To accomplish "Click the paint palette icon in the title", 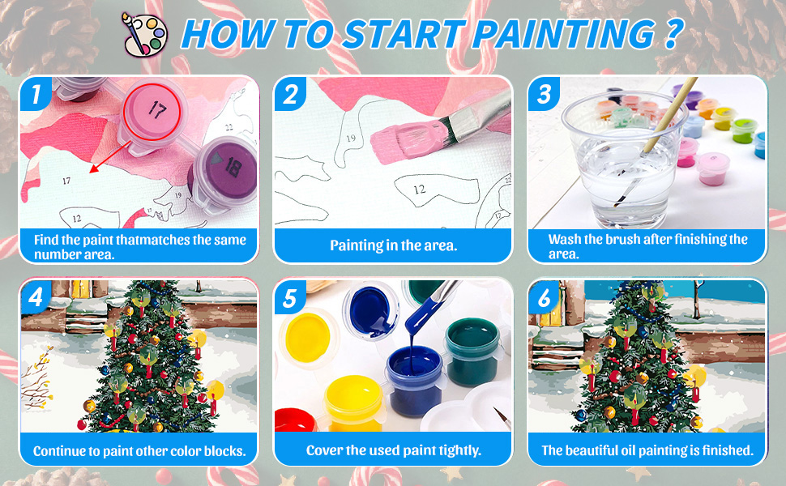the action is (144, 35).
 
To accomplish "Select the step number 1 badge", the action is (36, 94).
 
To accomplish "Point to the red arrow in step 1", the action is (110, 158).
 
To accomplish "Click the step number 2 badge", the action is (290, 94).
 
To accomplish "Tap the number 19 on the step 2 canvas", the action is (351, 138).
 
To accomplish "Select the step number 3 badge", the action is (545, 94).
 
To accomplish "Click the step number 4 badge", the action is (36, 297).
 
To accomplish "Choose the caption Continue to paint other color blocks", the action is (139, 451).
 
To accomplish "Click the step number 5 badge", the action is (290, 297).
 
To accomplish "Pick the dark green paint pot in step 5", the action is (472, 351).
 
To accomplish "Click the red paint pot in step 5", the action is (296, 420).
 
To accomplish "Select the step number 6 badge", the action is (545, 297).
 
